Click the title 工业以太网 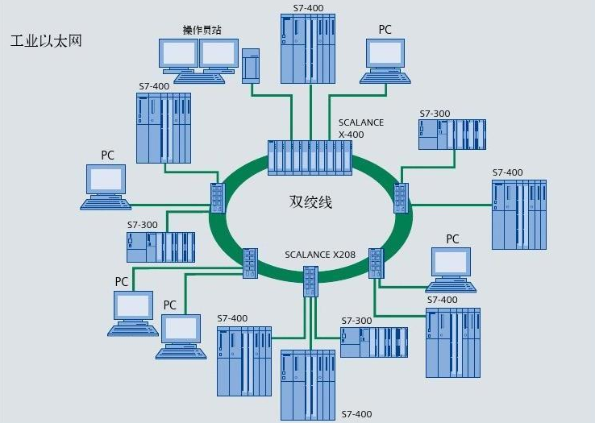coord(46,40)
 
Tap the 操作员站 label coord(202,30)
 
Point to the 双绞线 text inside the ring coord(310,201)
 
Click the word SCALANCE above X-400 coord(360,122)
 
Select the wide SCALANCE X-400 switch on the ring coord(310,157)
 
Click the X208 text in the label coord(341,255)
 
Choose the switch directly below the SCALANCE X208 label coord(311,280)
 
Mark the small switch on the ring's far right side coord(401,197)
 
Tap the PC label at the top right coord(385,30)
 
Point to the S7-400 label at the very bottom coord(357,414)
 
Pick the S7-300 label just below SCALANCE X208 coord(356,321)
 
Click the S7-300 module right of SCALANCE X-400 coord(452,134)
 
